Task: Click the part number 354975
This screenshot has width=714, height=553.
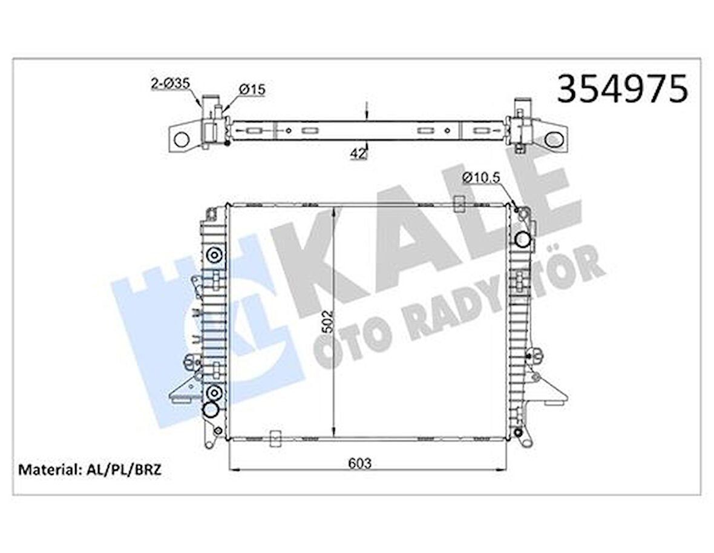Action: click(x=622, y=90)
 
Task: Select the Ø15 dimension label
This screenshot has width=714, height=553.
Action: click(x=252, y=90)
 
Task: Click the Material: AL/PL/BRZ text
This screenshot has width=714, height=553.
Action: click(x=90, y=469)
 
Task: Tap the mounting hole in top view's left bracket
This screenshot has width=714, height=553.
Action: click(x=182, y=140)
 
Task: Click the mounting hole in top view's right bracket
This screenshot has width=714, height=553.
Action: click(x=553, y=139)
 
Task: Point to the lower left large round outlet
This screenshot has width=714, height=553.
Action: click(x=211, y=410)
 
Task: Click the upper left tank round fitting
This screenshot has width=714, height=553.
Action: click(x=214, y=255)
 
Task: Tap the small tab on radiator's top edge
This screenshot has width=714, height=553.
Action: click(x=460, y=204)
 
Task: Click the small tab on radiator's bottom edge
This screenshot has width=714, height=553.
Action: click(x=275, y=437)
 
